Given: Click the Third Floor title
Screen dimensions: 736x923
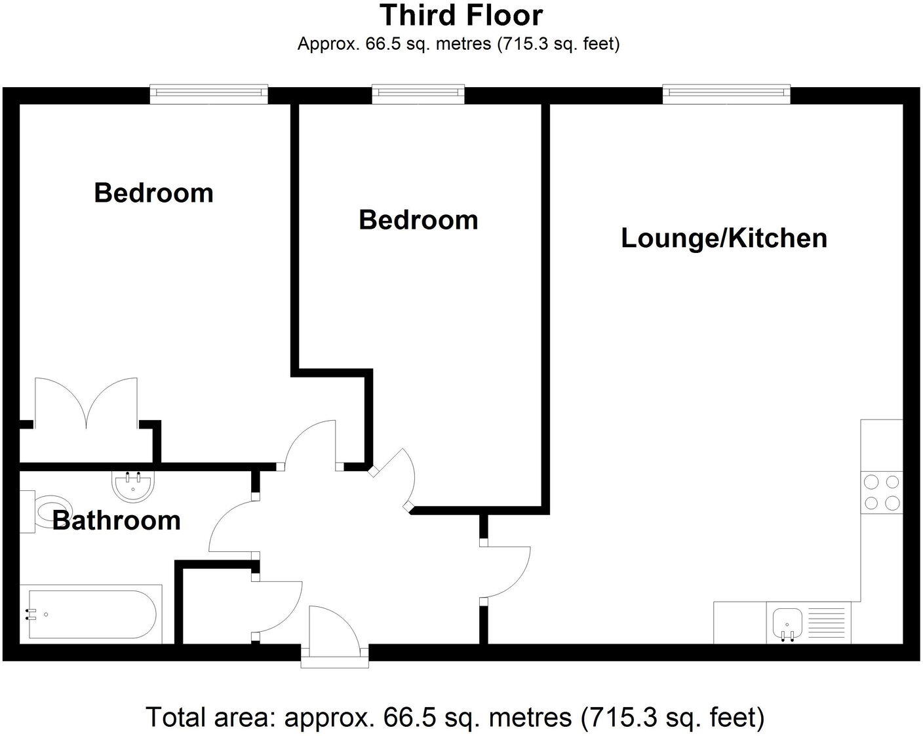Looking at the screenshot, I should click(461, 15).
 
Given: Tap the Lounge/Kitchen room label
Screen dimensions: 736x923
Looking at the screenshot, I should click(724, 238).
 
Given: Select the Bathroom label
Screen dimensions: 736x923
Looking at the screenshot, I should click(116, 520).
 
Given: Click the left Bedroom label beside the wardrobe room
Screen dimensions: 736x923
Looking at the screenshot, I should click(153, 193).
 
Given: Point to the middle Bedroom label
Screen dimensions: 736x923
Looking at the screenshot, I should click(418, 220).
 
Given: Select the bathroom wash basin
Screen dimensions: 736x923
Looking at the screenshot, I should click(134, 486).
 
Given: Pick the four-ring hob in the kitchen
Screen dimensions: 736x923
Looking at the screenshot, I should click(881, 492).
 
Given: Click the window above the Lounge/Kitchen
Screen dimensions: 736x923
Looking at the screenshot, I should click(726, 94).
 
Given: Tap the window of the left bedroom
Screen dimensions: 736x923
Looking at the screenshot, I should click(208, 94).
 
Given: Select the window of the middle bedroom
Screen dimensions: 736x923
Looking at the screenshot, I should click(418, 94).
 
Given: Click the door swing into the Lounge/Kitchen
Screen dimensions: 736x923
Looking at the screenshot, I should click(506, 571).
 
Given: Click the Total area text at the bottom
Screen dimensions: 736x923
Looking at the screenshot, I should click(454, 717).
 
